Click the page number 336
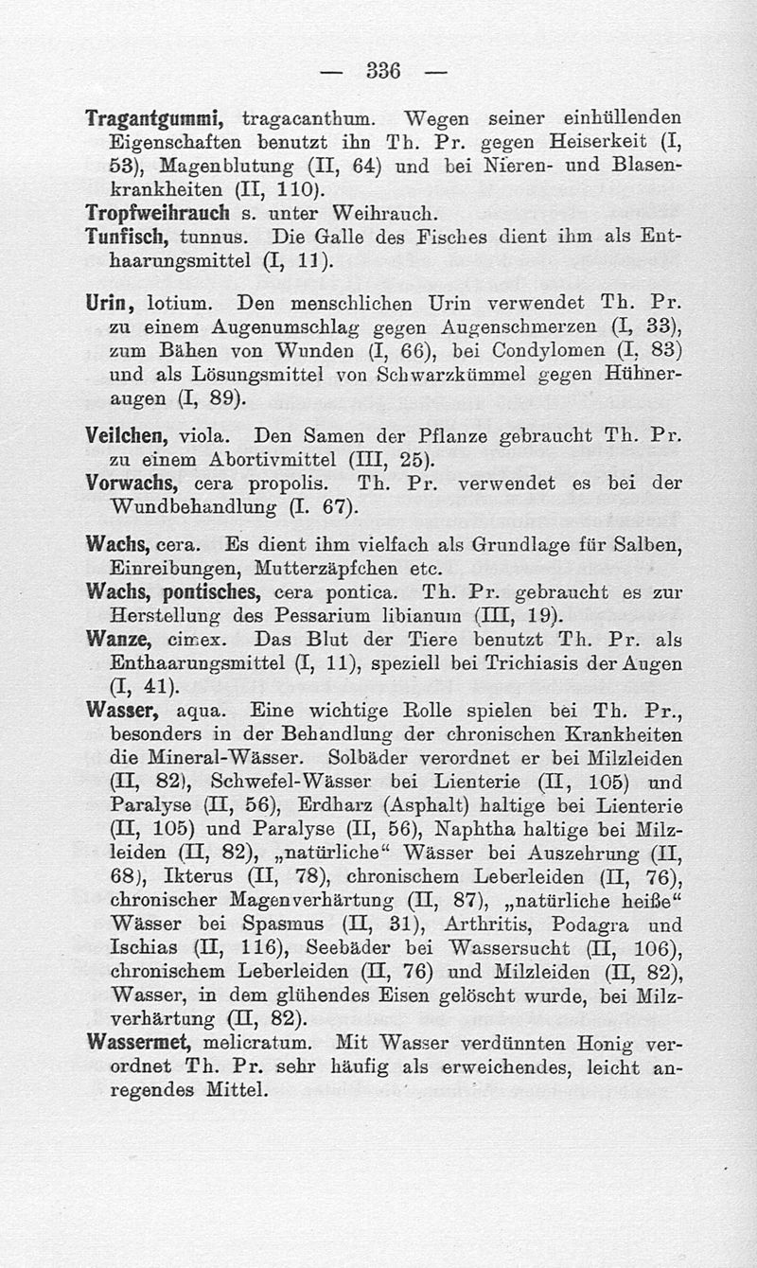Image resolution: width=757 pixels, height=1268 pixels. [x=383, y=71]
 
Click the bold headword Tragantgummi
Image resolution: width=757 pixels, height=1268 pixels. [x=153, y=120]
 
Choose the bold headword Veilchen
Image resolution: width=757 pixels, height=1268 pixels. [x=127, y=437]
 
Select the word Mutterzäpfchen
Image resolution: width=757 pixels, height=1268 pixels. [x=321, y=569]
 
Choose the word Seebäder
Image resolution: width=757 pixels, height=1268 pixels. [x=355, y=948]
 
